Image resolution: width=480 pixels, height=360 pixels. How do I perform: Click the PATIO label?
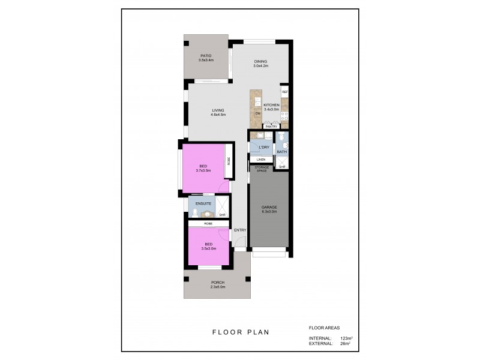pyautogui.click(x=206, y=56)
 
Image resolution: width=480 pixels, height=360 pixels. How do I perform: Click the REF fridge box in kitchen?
pyautogui.click(x=285, y=92)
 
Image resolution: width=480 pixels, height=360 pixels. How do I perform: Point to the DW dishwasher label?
pyautogui.click(x=257, y=113)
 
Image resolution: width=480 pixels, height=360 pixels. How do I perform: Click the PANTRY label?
pyautogui.click(x=271, y=127)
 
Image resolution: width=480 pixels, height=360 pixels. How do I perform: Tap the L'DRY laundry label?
pyautogui.click(x=262, y=147)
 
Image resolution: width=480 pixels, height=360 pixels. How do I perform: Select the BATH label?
pyautogui.click(x=281, y=151)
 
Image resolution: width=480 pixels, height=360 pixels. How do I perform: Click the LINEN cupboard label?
pyautogui.click(x=261, y=159)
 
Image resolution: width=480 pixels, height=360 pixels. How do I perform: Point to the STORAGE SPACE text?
pyautogui.click(x=262, y=169)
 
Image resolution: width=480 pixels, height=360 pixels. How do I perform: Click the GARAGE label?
pyautogui.click(x=269, y=208)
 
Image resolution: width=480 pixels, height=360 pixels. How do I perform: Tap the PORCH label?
pyautogui.click(x=217, y=283)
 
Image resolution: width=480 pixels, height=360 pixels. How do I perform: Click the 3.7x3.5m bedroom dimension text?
pyautogui.click(x=203, y=170)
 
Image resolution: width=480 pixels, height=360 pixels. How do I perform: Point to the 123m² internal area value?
pyautogui.click(x=346, y=338)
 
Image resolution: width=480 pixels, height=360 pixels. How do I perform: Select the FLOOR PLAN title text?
pyautogui.click(x=240, y=331)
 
